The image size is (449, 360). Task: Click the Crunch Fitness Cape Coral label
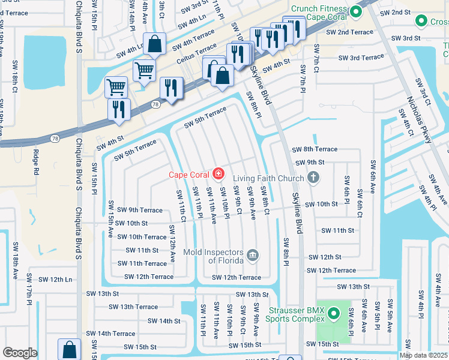pyautogui.click(x=319, y=13)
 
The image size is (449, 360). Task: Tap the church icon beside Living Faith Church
pyautogui.click(x=312, y=177)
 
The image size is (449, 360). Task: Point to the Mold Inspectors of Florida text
pyautogui.click(x=213, y=256)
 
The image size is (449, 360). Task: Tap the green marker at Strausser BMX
pyautogui.click(x=334, y=313)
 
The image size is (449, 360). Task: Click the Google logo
pyautogui.click(x=20, y=353)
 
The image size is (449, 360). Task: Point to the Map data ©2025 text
pyautogui.click(x=423, y=355)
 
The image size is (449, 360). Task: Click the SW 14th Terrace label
pyautogui.click(x=110, y=333)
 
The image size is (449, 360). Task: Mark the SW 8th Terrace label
pyautogui.click(x=315, y=149)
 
